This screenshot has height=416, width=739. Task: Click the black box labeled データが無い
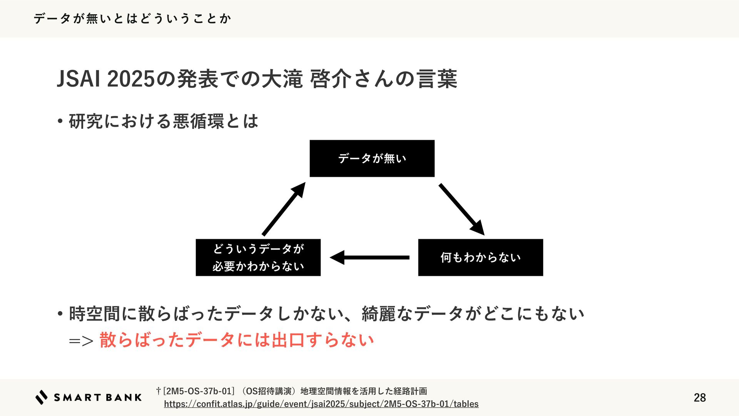(x=372, y=158)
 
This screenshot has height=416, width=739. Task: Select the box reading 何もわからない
(x=480, y=257)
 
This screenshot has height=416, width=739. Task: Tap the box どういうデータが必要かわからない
(x=258, y=257)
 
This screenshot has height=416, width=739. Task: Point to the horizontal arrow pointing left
(x=369, y=257)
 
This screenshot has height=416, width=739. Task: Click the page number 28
(x=699, y=398)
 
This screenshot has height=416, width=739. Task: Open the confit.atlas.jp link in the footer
(x=321, y=404)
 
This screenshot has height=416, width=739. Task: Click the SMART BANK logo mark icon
(x=41, y=397)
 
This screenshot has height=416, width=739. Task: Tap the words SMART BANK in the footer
(x=98, y=398)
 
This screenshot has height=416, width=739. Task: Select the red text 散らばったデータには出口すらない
(x=236, y=340)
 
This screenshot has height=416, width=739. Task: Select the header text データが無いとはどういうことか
(x=132, y=18)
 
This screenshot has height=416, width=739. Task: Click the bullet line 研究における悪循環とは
(x=163, y=121)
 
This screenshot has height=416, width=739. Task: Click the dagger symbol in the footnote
(x=158, y=391)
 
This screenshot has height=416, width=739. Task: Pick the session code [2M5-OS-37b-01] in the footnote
(x=199, y=391)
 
